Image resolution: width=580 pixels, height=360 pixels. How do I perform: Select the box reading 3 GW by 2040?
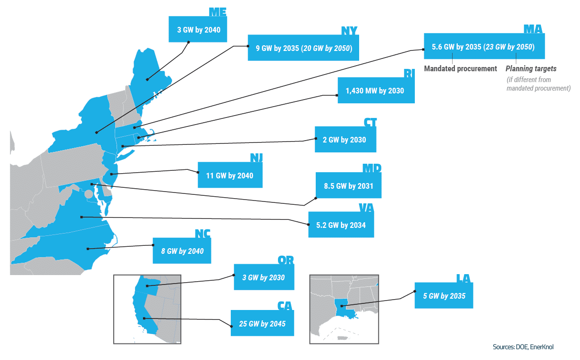point(198,30)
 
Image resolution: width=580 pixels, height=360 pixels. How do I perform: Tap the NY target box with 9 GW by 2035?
point(303,48)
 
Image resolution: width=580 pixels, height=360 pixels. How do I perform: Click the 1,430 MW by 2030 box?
point(376,90)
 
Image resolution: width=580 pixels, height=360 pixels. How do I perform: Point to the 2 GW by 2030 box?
point(345,140)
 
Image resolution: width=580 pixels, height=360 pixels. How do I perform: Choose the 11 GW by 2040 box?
point(230,176)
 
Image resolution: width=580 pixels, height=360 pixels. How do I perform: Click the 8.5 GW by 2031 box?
point(348,186)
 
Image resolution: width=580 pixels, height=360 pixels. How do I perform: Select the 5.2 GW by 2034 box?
point(341,225)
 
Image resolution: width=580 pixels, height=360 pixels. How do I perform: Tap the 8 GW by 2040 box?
point(182,251)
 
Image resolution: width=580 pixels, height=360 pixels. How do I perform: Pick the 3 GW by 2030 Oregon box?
point(263,277)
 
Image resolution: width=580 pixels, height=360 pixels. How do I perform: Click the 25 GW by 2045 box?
point(262,324)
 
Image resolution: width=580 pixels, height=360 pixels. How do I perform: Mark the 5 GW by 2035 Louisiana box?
point(444,296)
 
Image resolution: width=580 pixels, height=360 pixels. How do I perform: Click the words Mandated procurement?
point(460,68)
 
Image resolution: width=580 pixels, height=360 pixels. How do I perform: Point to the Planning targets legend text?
point(531,68)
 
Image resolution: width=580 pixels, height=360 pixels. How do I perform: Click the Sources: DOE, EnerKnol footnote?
point(523,347)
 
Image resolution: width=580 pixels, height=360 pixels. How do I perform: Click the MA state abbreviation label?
point(533,29)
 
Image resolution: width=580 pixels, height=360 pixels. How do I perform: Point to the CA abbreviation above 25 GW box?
point(285,306)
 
